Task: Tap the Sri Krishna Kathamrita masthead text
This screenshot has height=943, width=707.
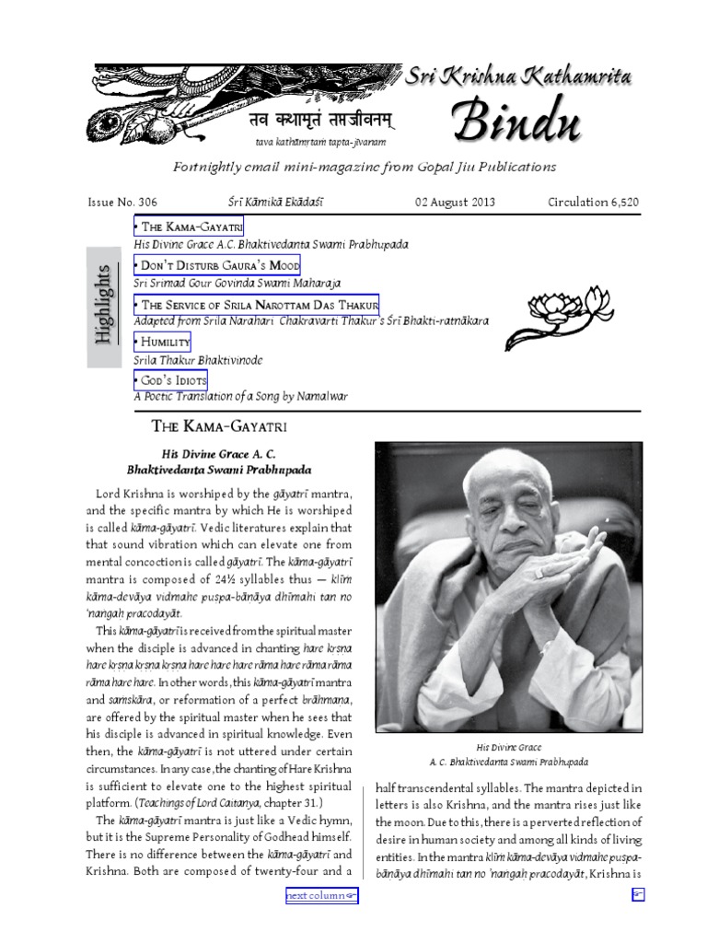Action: click(x=518, y=78)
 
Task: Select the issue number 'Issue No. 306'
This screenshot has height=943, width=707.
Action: click(x=122, y=202)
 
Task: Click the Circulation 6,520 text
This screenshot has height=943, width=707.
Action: click(x=593, y=202)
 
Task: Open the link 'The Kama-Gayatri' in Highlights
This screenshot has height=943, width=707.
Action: click(x=189, y=227)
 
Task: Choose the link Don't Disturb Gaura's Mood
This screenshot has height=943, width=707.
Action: click(x=217, y=265)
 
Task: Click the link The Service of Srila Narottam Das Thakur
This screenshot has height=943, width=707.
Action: click(x=256, y=305)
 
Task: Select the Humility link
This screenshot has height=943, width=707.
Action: click(x=162, y=342)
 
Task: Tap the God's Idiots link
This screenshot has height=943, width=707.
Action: click(x=170, y=380)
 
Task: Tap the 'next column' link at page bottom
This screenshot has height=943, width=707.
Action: click(x=321, y=895)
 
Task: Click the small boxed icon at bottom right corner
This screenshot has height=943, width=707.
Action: click(x=637, y=895)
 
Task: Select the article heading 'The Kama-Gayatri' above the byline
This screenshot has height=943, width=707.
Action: click(x=219, y=426)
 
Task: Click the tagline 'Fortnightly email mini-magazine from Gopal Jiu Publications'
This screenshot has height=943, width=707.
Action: click(x=365, y=167)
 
